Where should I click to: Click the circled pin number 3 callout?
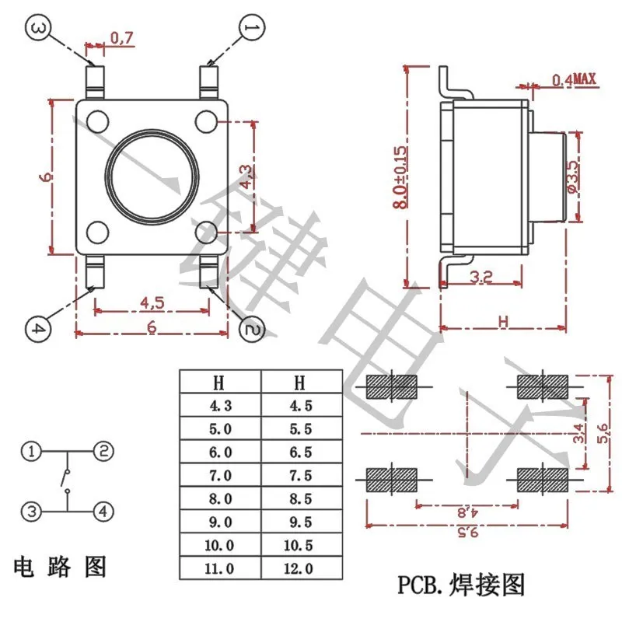click(x=38, y=29)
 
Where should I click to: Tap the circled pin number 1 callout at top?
click(x=251, y=29)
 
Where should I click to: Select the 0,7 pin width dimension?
click(x=121, y=37)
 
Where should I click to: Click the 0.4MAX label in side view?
click(x=573, y=79)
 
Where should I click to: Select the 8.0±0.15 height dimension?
click(x=400, y=177)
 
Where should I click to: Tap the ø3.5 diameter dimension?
click(x=573, y=178)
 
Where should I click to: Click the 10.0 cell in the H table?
click(x=220, y=545)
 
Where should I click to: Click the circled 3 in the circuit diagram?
click(x=31, y=511)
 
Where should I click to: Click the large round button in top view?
click(x=151, y=178)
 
